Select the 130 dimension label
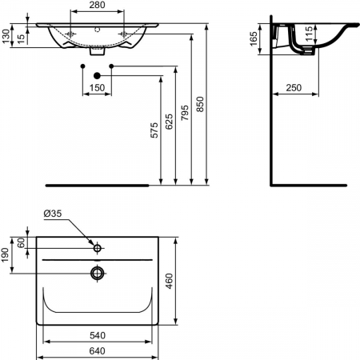click(x=6, y=37)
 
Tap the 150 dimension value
click(x=97, y=88)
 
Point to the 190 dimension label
click(x=6, y=255)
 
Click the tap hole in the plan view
click(x=97, y=249)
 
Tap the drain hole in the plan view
click(x=97, y=274)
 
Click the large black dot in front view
click(x=97, y=75)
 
